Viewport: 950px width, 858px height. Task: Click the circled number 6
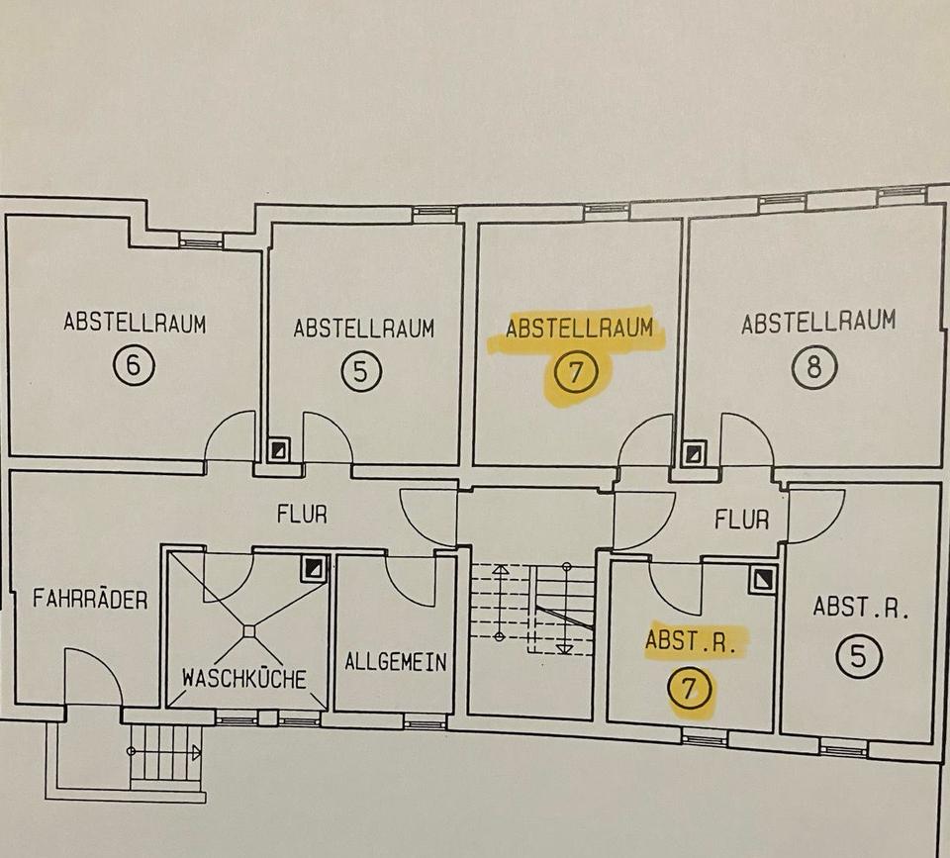pyautogui.click(x=134, y=368)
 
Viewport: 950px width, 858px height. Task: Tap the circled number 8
pyautogui.click(x=814, y=368)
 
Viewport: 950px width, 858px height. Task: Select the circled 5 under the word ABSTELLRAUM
pyautogui.click(x=361, y=372)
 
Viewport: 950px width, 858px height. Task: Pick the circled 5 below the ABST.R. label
pyautogui.click(x=858, y=657)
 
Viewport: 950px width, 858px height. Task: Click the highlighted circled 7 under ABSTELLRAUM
pyautogui.click(x=578, y=373)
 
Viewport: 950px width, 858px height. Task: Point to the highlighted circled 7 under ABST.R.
pyautogui.click(x=690, y=688)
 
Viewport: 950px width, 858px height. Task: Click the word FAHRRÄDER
pyautogui.click(x=90, y=599)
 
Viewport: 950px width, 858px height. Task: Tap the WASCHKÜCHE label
pyautogui.click(x=243, y=678)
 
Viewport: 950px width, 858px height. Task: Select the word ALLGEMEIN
pyautogui.click(x=395, y=662)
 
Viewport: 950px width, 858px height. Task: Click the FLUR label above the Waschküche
pyautogui.click(x=302, y=515)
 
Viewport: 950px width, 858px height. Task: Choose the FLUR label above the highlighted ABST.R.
pyautogui.click(x=741, y=518)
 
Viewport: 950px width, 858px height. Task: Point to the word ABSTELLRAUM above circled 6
pyautogui.click(x=135, y=323)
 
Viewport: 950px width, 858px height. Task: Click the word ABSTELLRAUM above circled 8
pyautogui.click(x=818, y=322)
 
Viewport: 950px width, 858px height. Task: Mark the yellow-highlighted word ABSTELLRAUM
pyautogui.click(x=580, y=328)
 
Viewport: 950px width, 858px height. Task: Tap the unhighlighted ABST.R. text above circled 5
pyautogui.click(x=861, y=607)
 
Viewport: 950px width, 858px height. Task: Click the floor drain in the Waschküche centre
pyautogui.click(x=248, y=630)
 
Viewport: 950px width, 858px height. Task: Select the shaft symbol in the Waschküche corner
pyautogui.click(x=315, y=568)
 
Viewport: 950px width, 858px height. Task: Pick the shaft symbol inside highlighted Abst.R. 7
pyautogui.click(x=762, y=579)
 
